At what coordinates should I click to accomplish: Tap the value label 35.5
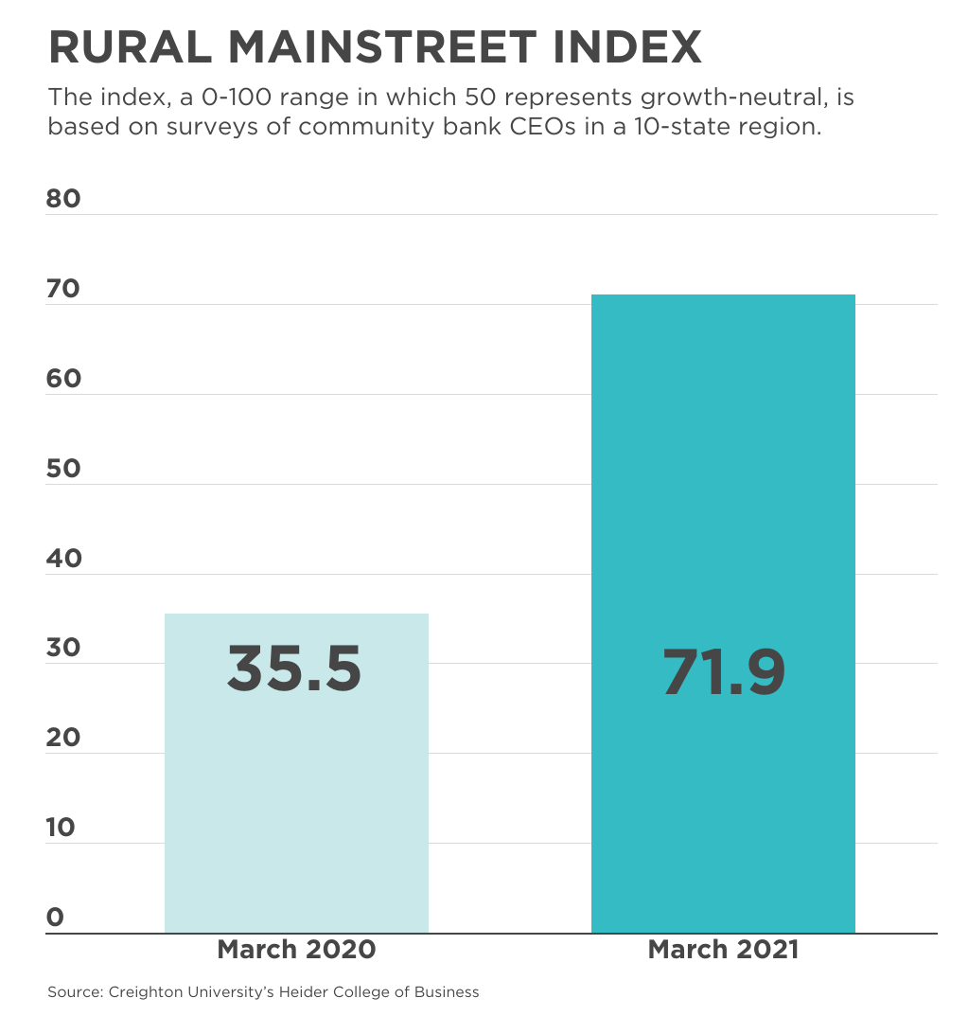294,668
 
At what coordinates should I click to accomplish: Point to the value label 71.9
724,672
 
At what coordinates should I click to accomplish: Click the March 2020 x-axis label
296,950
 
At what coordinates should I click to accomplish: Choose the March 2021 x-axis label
723,950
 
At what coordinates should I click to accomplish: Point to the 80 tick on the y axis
64,199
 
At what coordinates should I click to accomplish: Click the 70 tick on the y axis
64,289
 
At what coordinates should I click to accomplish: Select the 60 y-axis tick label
64,379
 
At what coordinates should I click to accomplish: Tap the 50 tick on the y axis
64,469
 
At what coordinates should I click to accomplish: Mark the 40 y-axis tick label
64,559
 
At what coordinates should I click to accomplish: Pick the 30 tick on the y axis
64,649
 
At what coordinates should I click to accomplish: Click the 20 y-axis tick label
64,738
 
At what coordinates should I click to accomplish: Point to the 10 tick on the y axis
62,828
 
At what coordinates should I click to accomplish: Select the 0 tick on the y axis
56,917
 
